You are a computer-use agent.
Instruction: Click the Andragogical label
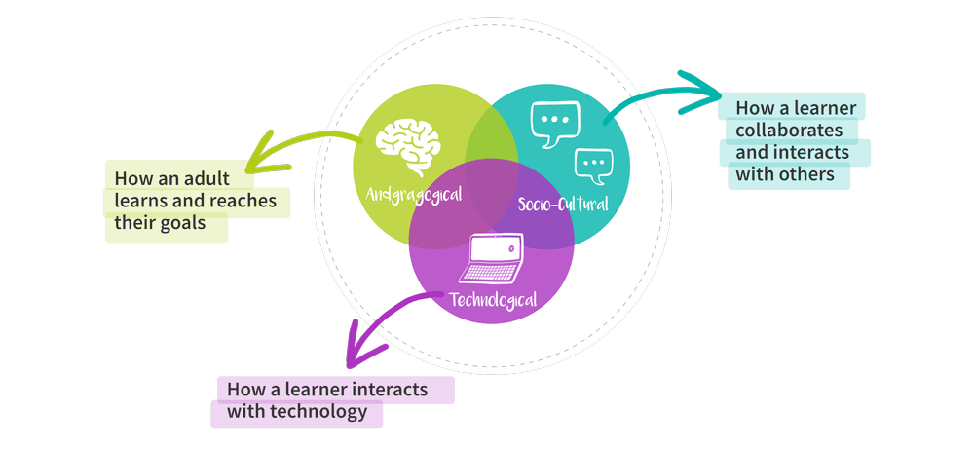coord(414,193)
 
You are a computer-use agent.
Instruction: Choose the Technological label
coord(492,298)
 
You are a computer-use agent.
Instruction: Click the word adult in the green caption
coord(231,179)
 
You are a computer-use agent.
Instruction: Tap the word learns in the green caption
coord(137,201)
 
